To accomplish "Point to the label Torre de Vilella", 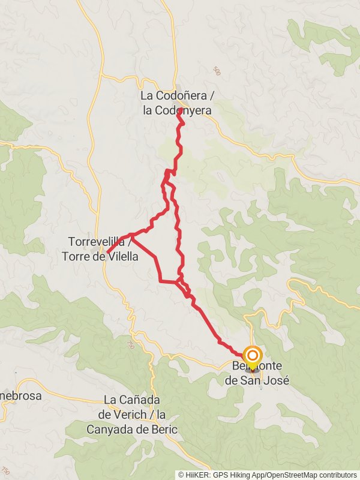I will click(x=100, y=256).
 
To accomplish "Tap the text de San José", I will click(x=256, y=380).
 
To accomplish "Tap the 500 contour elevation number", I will click(x=217, y=71).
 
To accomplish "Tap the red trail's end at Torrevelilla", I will click(x=107, y=253).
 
